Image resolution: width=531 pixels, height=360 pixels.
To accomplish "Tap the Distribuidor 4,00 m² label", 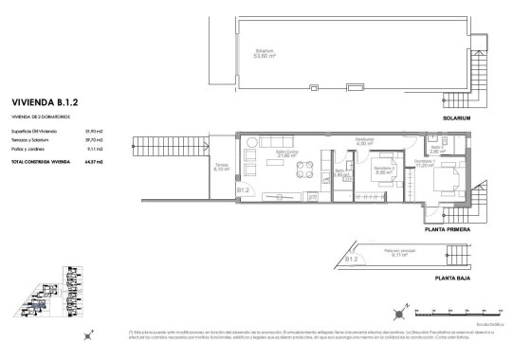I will [x=362, y=143].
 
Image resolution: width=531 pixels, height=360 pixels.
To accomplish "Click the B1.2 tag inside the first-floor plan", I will [x=243, y=189].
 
